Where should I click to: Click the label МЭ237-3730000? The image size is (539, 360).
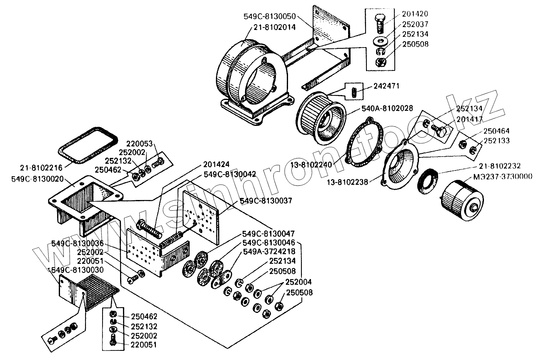point(502,176)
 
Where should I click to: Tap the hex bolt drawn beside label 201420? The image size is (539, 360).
point(379,24)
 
